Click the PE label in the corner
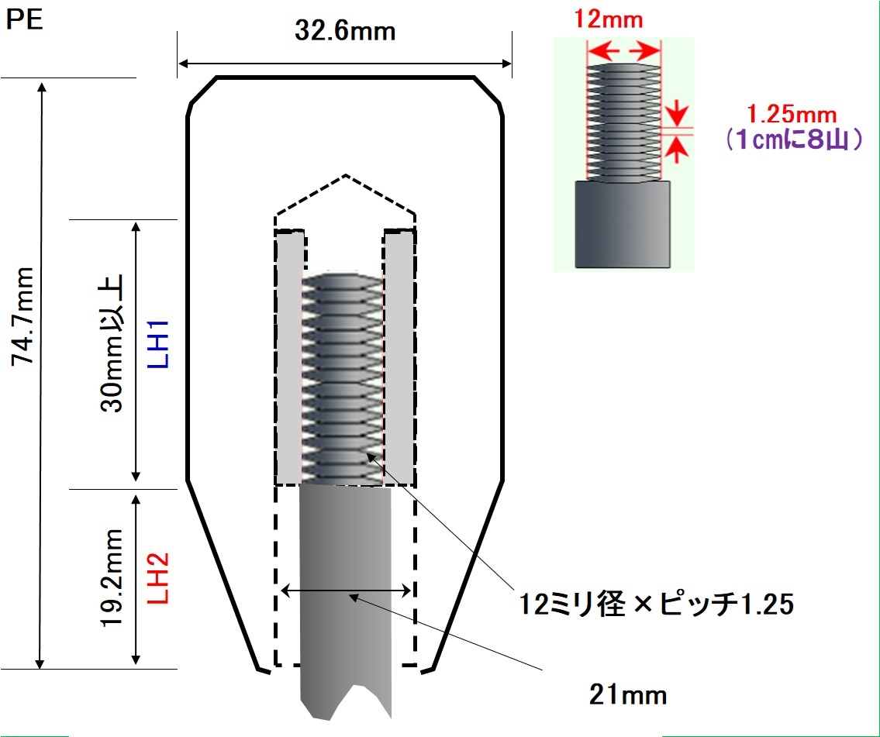(24, 21)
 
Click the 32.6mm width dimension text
(344, 31)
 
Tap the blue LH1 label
(159, 344)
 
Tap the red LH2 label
(159, 578)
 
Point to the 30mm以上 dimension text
(111, 343)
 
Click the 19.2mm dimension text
(111, 577)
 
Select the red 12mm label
(608, 20)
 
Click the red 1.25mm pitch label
(792, 115)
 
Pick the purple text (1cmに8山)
(792, 139)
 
